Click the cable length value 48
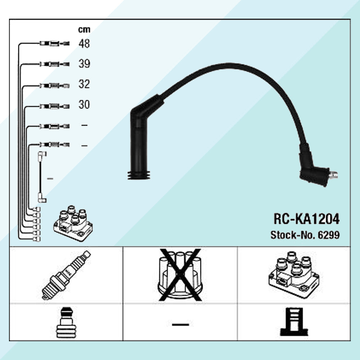click(84, 44)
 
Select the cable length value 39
click(84, 64)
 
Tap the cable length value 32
click(84, 85)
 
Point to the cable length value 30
click(84, 105)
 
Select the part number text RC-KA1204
click(306, 219)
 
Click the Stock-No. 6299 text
click(305, 235)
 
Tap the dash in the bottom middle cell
click(180, 324)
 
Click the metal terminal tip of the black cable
click(334, 175)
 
